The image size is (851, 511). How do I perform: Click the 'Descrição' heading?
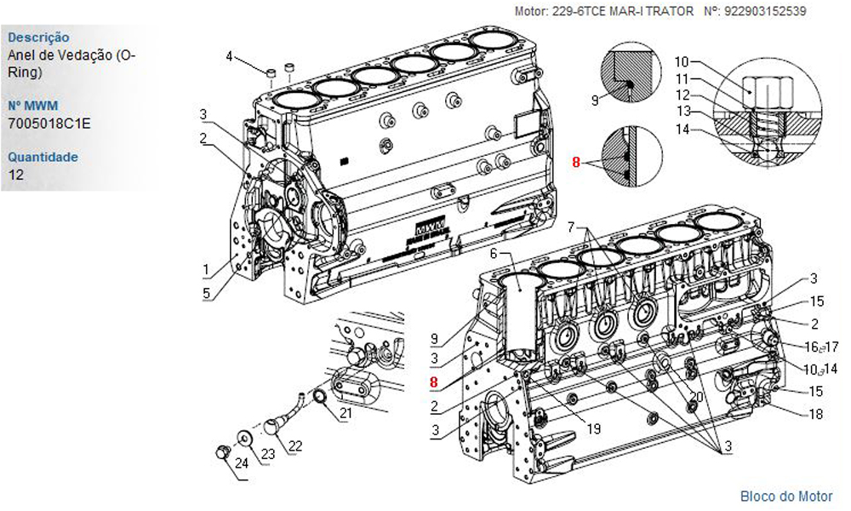(38, 37)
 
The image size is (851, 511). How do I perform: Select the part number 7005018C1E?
(49, 124)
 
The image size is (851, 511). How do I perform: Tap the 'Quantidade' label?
(43, 157)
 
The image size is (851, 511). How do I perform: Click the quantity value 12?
(15, 175)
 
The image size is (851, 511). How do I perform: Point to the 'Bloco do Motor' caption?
(786, 496)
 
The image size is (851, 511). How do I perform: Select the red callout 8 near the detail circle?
(576, 162)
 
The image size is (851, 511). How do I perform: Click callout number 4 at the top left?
(229, 56)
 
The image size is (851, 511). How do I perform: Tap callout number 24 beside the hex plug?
(242, 463)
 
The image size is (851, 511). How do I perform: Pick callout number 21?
(346, 414)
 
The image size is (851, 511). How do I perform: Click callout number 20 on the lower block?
(697, 397)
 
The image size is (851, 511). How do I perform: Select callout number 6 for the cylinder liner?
(493, 253)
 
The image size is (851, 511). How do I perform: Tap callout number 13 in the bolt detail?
(683, 110)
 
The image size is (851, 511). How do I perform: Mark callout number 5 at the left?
(205, 295)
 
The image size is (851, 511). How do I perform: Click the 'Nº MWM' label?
(26, 106)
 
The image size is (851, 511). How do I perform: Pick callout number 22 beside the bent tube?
(295, 445)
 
